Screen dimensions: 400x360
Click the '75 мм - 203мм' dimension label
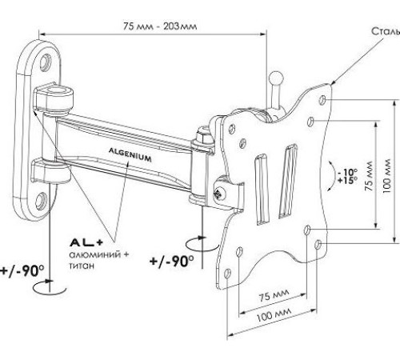pos(160,26)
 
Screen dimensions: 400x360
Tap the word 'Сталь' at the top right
pos(386,31)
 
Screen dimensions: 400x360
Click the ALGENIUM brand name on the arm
pos(130,155)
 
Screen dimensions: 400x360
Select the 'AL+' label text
pos(86,242)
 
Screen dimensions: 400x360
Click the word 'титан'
pos(82,266)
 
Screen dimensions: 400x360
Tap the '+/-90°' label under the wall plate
pos(22,271)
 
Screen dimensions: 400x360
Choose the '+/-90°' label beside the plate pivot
pos(172,261)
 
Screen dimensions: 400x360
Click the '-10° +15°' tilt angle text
pos(348,176)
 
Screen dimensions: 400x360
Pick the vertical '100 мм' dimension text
pos(386,176)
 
